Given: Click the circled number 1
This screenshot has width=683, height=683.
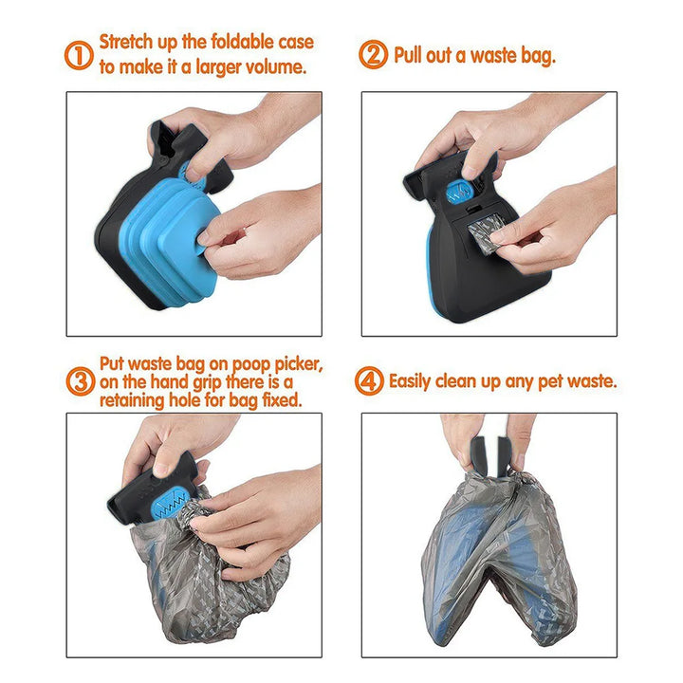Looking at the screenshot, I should tap(80, 55).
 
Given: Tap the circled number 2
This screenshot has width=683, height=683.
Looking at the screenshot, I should tap(373, 55).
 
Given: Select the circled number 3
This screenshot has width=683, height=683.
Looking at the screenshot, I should tap(80, 381).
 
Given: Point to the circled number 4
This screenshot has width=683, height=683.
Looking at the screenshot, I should tap(369, 381).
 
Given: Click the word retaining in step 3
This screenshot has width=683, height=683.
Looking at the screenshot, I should tap(135, 400).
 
